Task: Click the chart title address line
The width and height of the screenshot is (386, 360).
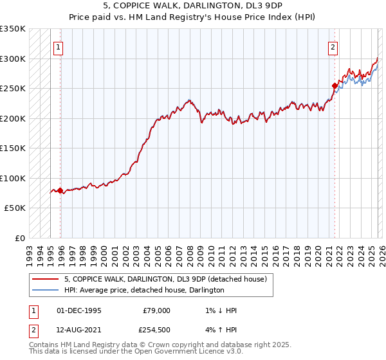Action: pos(192,4)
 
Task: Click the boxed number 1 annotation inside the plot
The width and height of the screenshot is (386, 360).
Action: pos(59,47)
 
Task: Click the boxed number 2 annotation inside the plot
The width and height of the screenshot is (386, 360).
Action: pos(333,47)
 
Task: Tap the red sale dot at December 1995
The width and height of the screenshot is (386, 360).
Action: pos(60,190)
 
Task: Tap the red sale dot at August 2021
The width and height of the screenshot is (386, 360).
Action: pos(335,85)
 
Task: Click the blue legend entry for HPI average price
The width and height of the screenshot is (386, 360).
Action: pos(144,290)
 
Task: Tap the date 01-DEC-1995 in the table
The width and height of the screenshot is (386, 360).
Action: pos(79,310)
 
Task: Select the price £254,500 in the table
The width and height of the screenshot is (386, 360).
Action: pos(156,330)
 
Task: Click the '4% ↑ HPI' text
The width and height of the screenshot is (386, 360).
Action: pos(219,330)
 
